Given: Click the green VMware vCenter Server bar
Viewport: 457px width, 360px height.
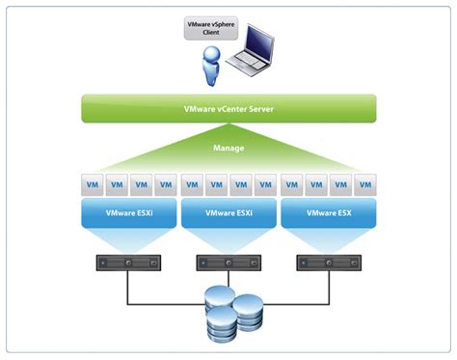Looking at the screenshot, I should pyautogui.click(x=228, y=108).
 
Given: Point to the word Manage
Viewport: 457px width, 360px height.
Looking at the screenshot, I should pyautogui.click(x=228, y=149).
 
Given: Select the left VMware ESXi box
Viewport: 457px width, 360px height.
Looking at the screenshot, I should pyautogui.click(x=128, y=212).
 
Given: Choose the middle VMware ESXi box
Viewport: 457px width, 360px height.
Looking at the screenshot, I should pyautogui.click(x=228, y=212).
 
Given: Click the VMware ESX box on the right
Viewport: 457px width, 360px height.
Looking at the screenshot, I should pyautogui.click(x=327, y=212).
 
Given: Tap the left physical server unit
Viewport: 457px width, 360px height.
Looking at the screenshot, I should pyautogui.click(x=128, y=262).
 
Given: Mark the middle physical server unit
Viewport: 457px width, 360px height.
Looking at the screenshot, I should pyautogui.click(x=228, y=262).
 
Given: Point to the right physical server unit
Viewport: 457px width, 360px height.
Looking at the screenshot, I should pyautogui.click(x=327, y=262).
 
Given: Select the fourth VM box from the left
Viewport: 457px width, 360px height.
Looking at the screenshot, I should pyautogui.click(x=165, y=182).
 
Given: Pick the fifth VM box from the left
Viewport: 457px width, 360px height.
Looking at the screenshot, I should pyautogui.click(x=192, y=182).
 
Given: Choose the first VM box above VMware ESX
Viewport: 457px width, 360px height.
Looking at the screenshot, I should pyautogui.click(x=291, y=182).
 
